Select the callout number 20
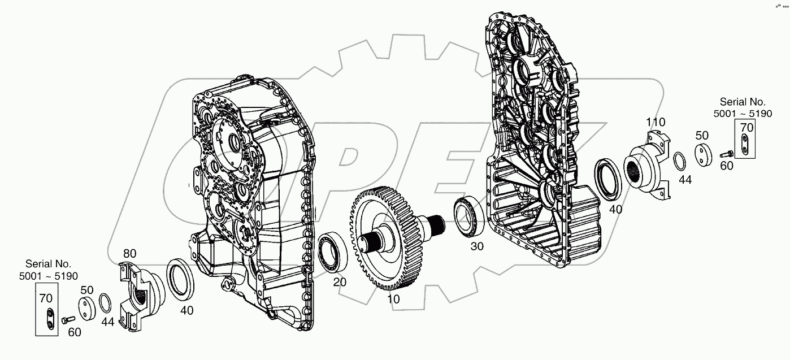[340, 282]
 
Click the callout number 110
[656, 122]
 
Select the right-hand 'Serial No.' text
[742, 102]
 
